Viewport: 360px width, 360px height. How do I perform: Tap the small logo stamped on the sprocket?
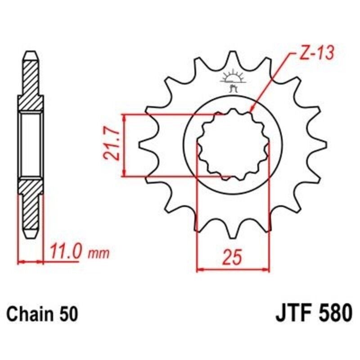pos(233,81)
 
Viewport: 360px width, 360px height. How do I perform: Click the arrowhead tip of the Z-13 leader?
pos(251,111)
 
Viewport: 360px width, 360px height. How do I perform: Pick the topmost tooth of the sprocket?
pos(233,58)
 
